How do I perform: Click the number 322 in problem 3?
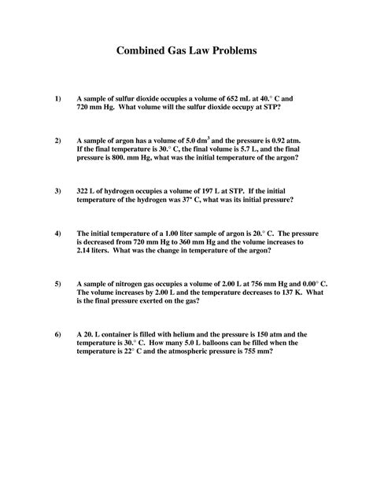[x=84, y=191]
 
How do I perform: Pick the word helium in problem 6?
[x=194, y=334]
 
